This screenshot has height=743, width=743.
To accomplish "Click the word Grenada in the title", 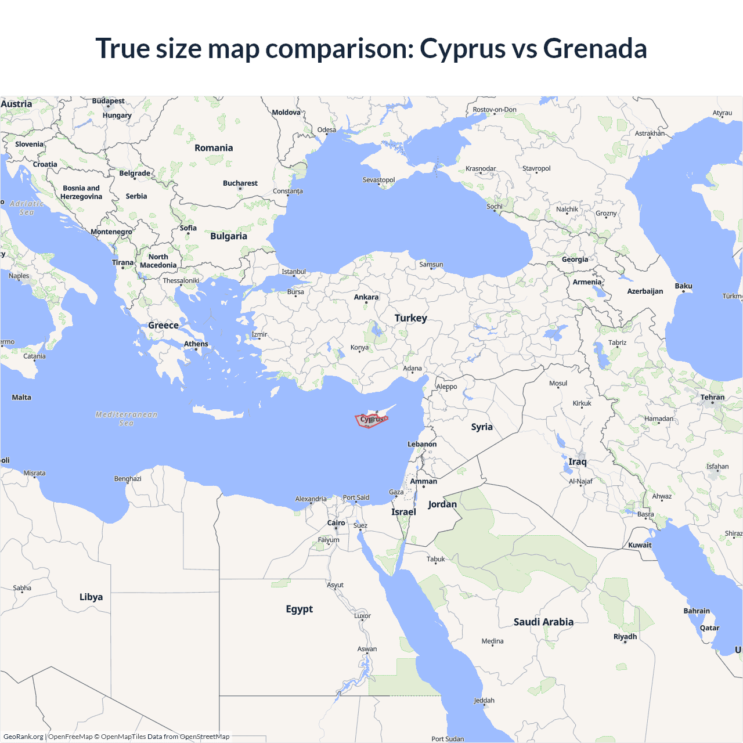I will pyautogui.click(x=595, y=48).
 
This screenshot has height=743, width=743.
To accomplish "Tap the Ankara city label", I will pyautogui.click(x=366, y=297).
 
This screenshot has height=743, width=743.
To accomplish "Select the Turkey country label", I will pyautogui.click(x=411, y=318).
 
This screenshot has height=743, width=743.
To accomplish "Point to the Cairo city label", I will pyautogui.click(x=336, y=523).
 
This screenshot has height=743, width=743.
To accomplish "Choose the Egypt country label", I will pyautogui.click(x=299, y=609).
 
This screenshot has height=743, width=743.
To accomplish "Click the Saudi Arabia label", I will pyautogui.click(x=543, y=622).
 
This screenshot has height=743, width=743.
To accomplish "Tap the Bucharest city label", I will pyautogui.click(x=240, y=183).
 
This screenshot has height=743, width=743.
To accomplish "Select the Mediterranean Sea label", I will pyautogui.click(x=127, y=419).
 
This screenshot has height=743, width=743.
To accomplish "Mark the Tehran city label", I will pyautogui.click(x=712, y=398).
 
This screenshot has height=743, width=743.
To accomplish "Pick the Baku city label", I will pyautogui.click(x=683, y=286).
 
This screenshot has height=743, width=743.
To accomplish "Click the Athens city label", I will pyautogui.click(x=196, y=344).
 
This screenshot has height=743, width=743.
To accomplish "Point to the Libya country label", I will pyautogui.click(x=91, y=597).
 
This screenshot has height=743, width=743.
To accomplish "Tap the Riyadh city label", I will pyautogui.click(x=625, y=637).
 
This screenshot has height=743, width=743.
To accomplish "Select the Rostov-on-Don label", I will pyautogui.click(x=495, y=110).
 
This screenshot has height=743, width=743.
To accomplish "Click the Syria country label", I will pyautogui.click(x=482, y=427).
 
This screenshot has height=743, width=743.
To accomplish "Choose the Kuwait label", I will pyautogui.click(x=640, y=545).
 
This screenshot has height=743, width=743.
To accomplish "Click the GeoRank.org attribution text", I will pyautogui.click(x=23, y=737).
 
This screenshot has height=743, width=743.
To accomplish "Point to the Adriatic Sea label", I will pyautogui.click(x=27, y=208).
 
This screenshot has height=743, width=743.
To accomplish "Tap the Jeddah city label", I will pyautogui.click(x=484, y=701).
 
